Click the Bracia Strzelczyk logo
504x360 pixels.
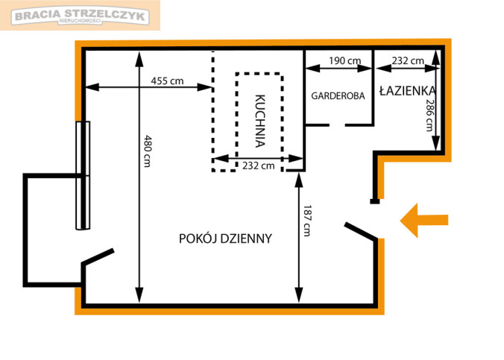click(x=80, y=16)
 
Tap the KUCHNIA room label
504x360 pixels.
click(x=259, y=121)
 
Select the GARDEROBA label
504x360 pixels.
click(x=338, y=96)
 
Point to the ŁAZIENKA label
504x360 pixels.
click(x=408, y=91)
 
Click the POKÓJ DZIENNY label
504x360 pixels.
click(x=225, y=239)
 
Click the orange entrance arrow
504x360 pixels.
click(x=423, y=221)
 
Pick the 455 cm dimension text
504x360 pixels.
click(x=167, y=80)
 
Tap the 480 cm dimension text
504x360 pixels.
click(x=147, y=151)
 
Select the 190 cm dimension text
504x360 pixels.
click(x=345, y=60)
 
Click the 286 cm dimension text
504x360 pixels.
click(x=429, y=115)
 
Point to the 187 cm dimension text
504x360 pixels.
click(x=307, y=221)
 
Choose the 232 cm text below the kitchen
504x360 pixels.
click(x=259, y=166)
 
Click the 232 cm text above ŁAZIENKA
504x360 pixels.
click(x=408, y=60)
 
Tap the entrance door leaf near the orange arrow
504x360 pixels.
click(x=361, y=231)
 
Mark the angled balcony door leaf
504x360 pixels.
click(x=98, y=256)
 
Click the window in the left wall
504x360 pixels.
click(x=83, y=175)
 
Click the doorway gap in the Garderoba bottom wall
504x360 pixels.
click(x=337, y=124)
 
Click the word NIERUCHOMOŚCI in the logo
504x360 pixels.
click(x=80, y=21)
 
